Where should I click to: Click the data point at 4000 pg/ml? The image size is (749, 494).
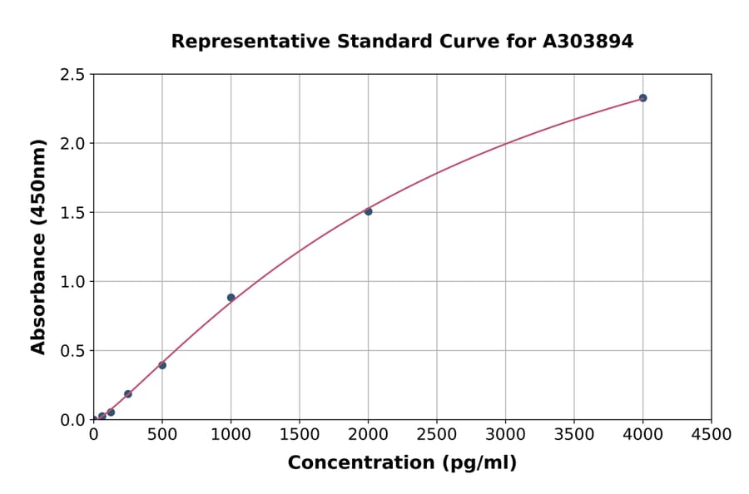[x=642, y=98]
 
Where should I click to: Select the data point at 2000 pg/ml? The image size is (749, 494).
[x=368, y=211]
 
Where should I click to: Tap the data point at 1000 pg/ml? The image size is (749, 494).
[x=231, y=298]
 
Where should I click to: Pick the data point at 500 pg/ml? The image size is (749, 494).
[x=162, y=365]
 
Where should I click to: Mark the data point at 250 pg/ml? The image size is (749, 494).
[x=128, y=394]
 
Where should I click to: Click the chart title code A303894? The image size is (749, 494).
[x=588, y=41]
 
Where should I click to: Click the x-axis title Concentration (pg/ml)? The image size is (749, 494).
[x=402, y=463]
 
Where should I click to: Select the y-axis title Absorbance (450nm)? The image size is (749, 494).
[x=38, y=247]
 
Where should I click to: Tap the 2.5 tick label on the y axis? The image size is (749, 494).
[x=73, y=75]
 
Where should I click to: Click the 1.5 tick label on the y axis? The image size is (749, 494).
[x=73, y=213]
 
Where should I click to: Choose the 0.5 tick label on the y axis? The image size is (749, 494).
[x=73, y=351]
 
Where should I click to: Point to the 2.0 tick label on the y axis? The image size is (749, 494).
[x=73, y=144]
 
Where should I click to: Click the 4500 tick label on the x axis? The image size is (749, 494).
[x=712, y=435]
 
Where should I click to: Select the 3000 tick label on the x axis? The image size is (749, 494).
[x=505, y=435]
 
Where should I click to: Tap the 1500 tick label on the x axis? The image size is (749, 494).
[x=300, y=435]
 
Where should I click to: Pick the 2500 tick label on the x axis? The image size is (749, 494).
[x=437, y=435]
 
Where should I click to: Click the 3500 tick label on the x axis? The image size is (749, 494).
[x=574, y=435]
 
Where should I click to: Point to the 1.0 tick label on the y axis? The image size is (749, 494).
[x=73, y=282]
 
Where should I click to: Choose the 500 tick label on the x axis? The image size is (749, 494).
[x=162, y=435]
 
